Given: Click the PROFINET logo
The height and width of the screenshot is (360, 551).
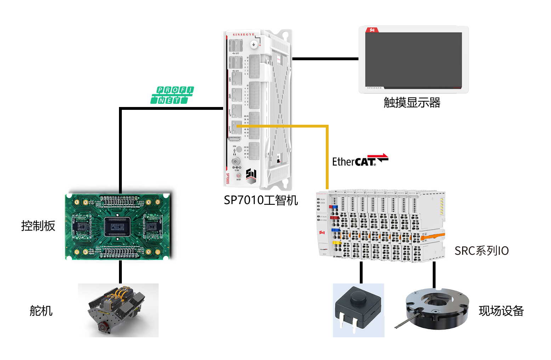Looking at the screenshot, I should coord(172,95).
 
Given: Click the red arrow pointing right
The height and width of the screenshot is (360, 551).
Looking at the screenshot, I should coord(377,156).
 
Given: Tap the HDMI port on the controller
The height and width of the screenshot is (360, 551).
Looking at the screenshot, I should coord(234,140).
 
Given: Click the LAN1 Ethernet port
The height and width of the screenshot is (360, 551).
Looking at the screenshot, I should coord(236,79).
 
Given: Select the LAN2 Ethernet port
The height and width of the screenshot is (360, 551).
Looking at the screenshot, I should coord(236,95).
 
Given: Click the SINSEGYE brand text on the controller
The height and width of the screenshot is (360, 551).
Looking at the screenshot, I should coord(244,35).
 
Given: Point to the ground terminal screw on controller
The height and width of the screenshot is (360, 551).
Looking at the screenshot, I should coord(254,44).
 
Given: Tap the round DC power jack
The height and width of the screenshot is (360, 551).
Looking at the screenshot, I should coord(235,162).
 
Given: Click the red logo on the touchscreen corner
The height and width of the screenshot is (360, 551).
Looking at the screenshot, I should coord(372,30).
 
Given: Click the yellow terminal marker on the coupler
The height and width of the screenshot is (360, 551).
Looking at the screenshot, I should coord(337,243).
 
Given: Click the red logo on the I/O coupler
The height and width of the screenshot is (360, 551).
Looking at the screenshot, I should coord(322,233).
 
